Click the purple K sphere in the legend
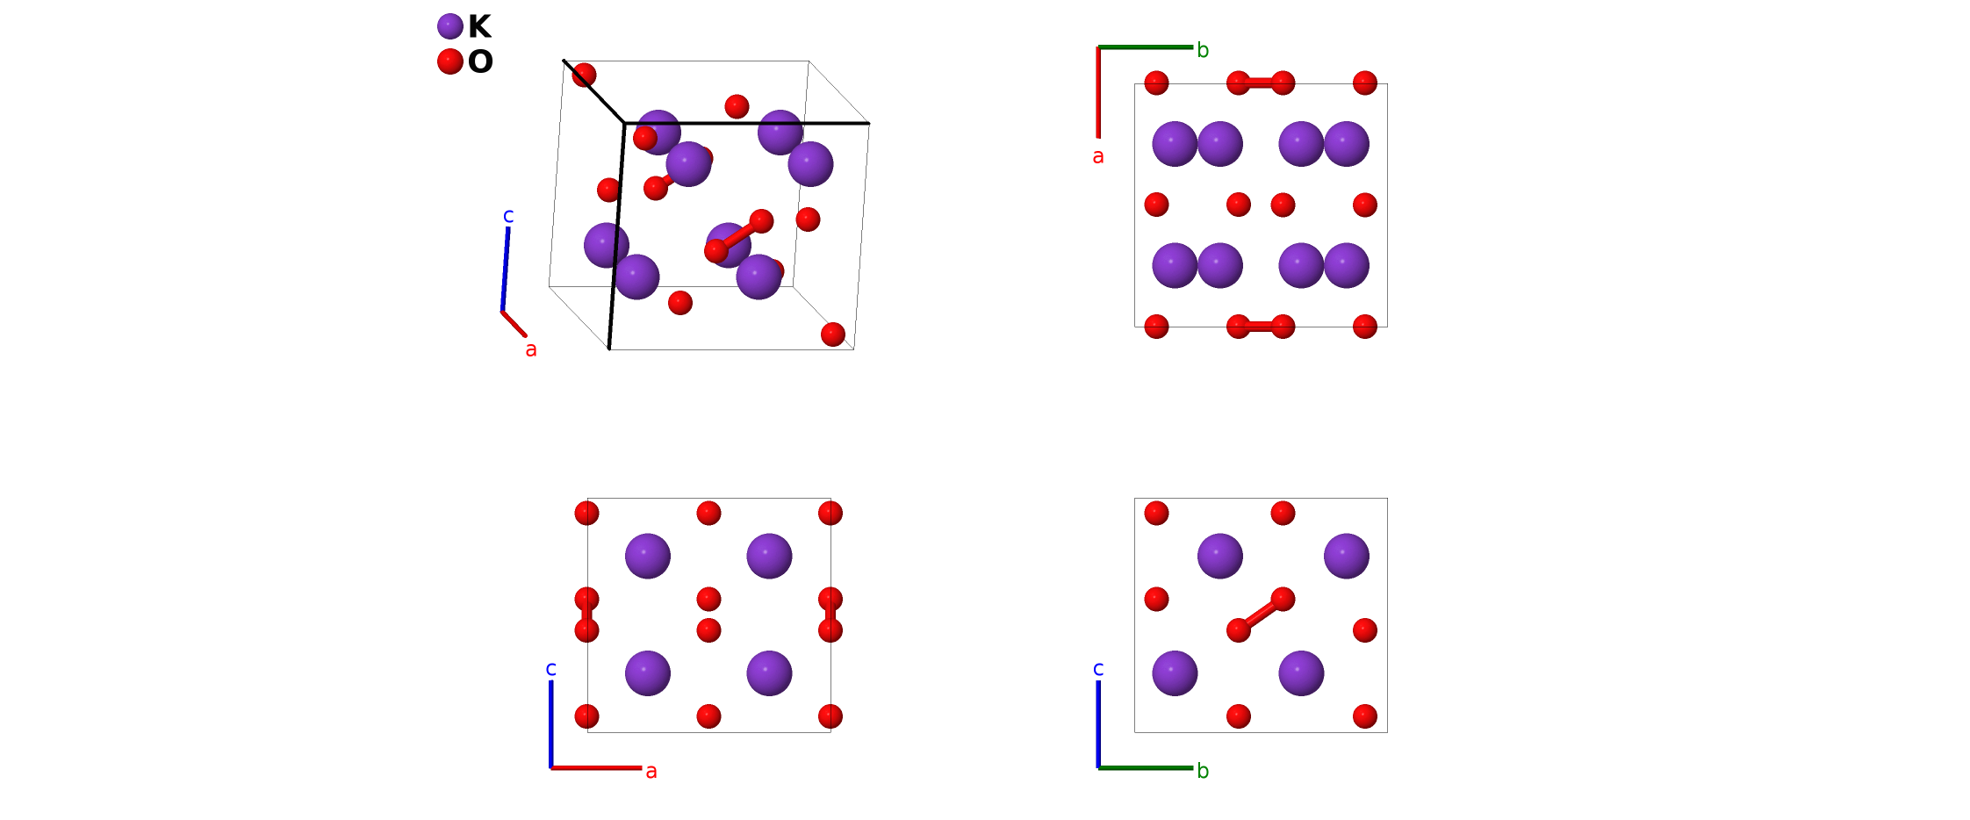click(x=450, y=26)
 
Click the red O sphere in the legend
click(x=450, y=61)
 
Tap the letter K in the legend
click(x=479, y=27)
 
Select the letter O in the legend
click(x=480, y=62)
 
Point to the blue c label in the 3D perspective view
click(x=508, y=216)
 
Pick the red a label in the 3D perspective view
click(x=531, y=349)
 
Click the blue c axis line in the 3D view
click(x=506, y=269)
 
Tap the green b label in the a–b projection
click(x=1203, y=51)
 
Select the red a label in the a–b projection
click(x=1098, y=157)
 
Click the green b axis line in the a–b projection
click(x=1146, y=47)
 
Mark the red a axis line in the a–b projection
click(x=1098, y=92)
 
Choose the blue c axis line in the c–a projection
click(x=551, y=724)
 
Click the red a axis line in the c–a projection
click(x=597, y=768)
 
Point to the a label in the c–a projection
click(x=651, y=772)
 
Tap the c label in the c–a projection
click(x=551, y=669)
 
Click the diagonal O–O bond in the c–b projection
click(x=1261, y=615)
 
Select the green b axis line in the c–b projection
click(x=1146, y=768)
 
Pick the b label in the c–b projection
click(x=1203, y=772)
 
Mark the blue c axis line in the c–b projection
click(x=1098, y=724)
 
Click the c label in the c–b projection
click(x=1098, y=669)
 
